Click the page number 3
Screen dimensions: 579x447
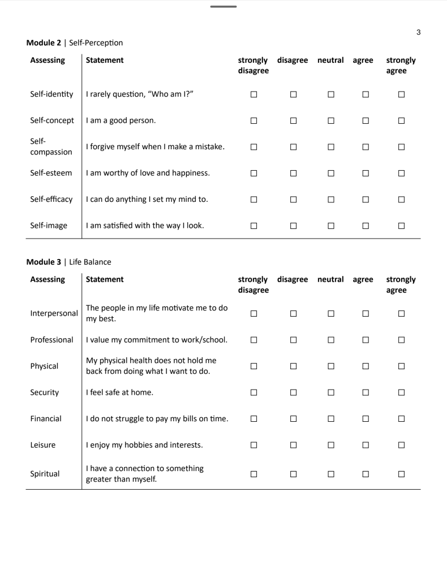tap(418, 32)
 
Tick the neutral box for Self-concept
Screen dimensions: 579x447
tap(331, 121)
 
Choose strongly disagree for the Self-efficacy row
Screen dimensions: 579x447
tap(253, 199)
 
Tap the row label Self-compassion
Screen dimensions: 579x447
tap(51, 148)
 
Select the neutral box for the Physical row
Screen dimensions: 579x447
tap(331, 366)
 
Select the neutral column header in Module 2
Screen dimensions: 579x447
tap(331, 59)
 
